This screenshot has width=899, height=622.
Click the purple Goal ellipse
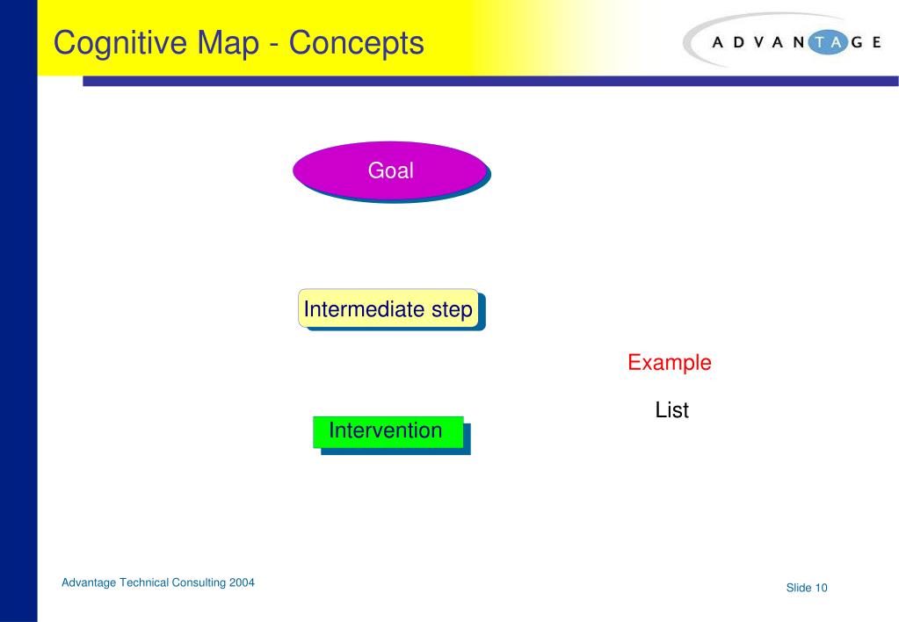[x=389, y=170]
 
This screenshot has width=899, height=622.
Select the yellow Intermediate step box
[x=388, y=308]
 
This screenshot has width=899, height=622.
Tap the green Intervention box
[x=388, y=430]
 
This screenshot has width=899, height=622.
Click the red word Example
[x=669, y=362]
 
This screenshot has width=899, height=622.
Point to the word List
[x=671, y=410]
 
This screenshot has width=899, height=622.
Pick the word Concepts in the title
[x=357, y=42]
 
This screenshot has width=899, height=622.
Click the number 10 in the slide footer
[x=821, y=588]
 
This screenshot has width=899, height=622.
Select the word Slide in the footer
[x=799, y=588]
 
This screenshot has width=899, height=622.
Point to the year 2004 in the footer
[x=242, y=582]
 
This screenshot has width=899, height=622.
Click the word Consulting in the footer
[x=198, y=582]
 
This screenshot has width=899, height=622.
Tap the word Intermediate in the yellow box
[x=364, y=309]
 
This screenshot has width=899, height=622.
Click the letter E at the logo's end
[x=875, y=42]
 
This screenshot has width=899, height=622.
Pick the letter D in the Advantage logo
[x=737, y=42]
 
